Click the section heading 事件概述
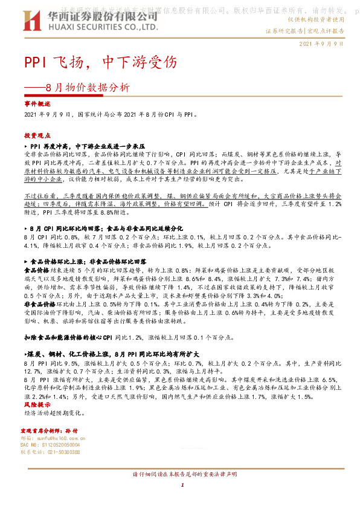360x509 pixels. (34, 104)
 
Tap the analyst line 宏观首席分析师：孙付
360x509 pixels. (45, 429)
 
